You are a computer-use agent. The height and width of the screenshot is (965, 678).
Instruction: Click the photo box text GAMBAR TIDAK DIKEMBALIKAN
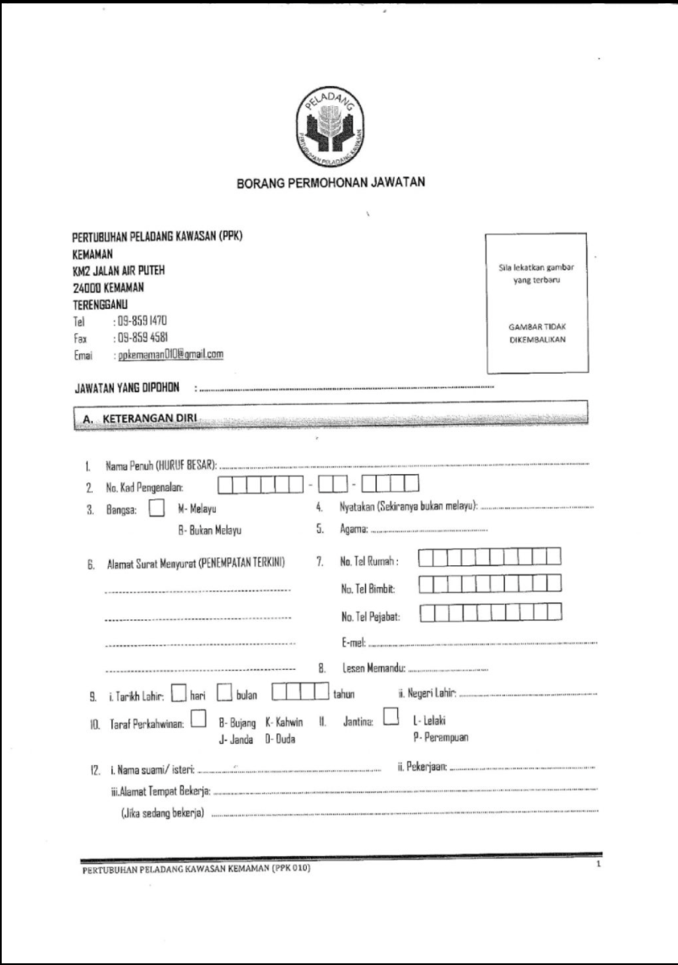pyautogui.click(x=537, y=335)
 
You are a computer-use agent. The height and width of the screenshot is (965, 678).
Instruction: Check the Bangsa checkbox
pyautogui.click(x=156, y=509)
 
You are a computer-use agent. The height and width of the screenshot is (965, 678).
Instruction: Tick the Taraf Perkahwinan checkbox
pyautogui.click(x=198, y=718)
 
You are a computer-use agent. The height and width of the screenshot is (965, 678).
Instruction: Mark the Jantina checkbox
pyautogui.click(x=390, y=718)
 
